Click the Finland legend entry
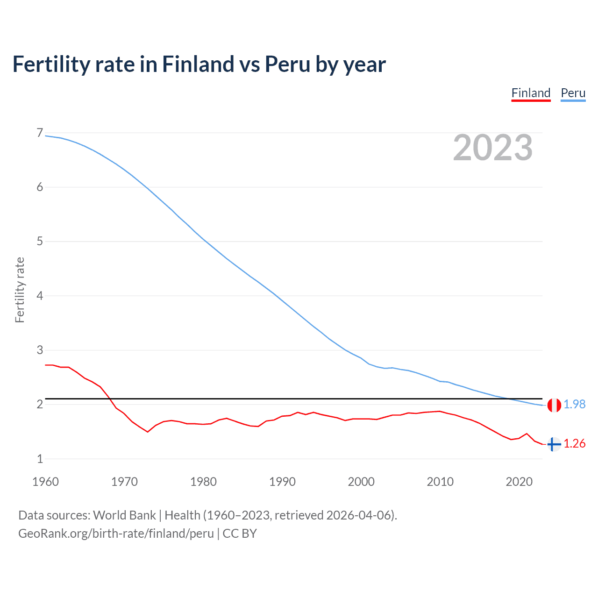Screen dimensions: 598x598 [531, 93]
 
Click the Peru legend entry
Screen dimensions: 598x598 [573, 93]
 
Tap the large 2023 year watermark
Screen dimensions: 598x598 [493, 148]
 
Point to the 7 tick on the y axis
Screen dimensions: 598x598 [40, 133]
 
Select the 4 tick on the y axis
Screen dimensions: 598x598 [40, 296]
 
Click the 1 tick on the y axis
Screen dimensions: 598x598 [40, 459]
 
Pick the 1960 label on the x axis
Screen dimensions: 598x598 [45, 482]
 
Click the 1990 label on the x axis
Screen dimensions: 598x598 [282, 482]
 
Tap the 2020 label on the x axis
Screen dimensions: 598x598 [519, 482]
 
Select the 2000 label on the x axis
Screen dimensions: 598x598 [361, 482]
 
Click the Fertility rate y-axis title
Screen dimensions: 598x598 [20, 290]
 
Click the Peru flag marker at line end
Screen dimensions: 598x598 [554, 405]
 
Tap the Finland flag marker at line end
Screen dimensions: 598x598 [554, 444]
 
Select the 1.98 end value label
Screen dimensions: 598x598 [574, 405]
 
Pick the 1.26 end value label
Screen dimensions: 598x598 [574, 444]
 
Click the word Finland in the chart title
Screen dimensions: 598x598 [198, 64]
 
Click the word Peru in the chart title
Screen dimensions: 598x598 [287, 64]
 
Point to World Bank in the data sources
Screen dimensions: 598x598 [124, 515]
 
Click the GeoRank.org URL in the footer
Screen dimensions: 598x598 [116, 534]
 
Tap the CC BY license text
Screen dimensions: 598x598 [240, 534]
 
